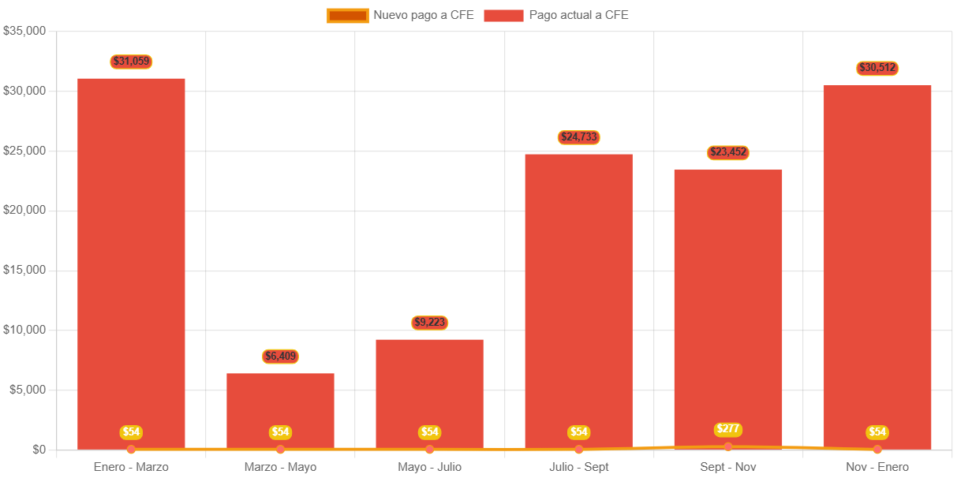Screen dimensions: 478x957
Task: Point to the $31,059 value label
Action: (131, 62)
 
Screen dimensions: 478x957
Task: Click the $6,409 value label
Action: (280, 357)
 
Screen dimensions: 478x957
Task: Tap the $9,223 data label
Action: (429, 323)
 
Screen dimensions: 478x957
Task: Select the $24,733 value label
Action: (578, 137)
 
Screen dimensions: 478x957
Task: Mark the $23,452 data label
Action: (727, 152)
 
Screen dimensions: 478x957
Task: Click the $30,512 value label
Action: (877, 69)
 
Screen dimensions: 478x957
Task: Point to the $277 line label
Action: (727, 429)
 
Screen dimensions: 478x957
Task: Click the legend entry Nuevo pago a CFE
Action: (400, 15)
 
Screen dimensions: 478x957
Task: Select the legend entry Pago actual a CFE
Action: (556, 15)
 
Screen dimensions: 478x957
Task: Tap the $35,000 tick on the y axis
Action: (24, 31)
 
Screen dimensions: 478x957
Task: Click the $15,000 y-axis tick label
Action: (24, 270)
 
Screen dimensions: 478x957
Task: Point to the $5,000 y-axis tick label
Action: (27, 390)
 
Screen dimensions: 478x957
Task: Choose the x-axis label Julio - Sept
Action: (578, 467)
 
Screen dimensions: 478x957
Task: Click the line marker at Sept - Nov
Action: (727, 447)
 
